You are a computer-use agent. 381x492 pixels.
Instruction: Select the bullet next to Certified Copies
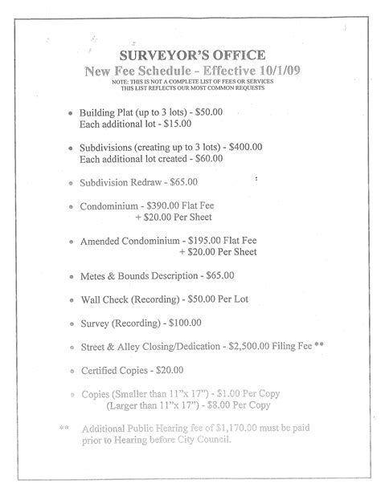pos(72,372)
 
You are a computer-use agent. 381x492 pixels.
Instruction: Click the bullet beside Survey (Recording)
pos(72,324)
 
